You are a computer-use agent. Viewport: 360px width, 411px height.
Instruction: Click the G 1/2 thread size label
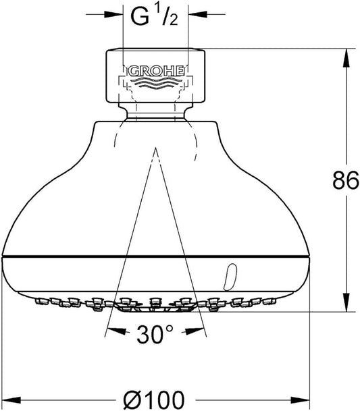[x=154, y=16]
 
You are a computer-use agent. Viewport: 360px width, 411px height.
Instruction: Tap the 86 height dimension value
[x=346, y=180]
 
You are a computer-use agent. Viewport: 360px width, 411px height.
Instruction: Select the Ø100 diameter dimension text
[x=154, y=400]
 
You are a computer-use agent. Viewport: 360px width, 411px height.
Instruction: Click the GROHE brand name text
[x=155, y=71]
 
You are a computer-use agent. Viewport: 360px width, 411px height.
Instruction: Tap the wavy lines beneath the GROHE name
[x=156, y=83]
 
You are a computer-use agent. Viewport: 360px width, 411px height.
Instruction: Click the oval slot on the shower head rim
[x=230, y=277]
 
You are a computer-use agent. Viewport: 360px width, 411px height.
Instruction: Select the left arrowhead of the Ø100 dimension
[x=11, y=400]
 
